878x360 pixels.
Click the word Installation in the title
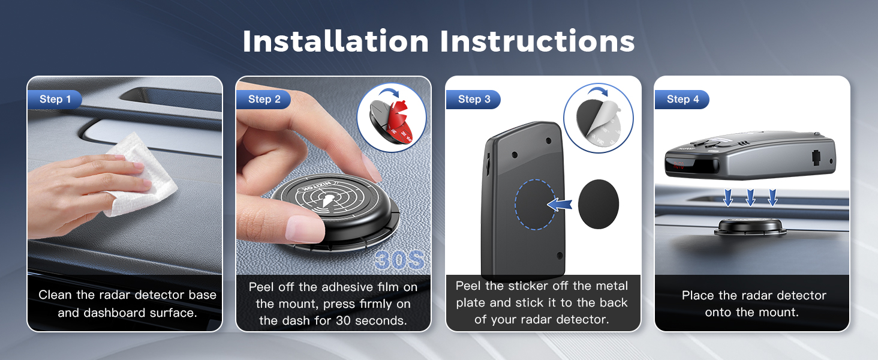(336, 41)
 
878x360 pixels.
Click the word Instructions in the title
(537, 41)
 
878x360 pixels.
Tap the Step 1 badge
(55, 100)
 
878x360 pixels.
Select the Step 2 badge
(264, 100)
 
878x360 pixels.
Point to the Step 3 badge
(474, 100)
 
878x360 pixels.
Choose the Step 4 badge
(682, 100)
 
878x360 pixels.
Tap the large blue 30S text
(399, 260)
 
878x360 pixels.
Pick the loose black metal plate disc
(598, 204)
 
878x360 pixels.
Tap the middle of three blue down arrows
(750, 197)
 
